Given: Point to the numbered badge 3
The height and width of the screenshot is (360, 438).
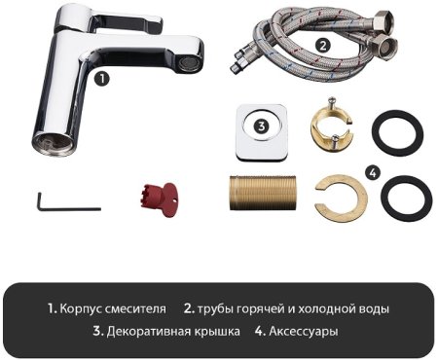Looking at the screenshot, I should pos(261,126).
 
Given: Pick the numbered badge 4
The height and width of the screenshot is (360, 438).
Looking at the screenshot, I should pos(371,171).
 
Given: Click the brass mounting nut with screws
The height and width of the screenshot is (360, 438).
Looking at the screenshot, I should pos(332,127).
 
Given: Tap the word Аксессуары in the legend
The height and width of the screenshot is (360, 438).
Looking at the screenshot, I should pos(304,332).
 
